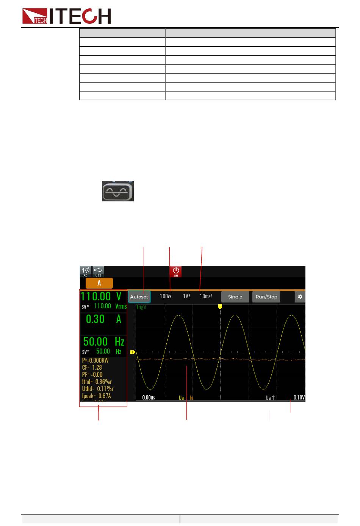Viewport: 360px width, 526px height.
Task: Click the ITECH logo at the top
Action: [x=67, y=16]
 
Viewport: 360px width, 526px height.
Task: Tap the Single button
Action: [x=235, y=297]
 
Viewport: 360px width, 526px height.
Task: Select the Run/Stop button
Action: [x=266, y=297]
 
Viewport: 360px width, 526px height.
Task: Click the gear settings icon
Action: [x=300, y=297]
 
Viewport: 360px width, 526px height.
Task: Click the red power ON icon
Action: [x=176, y=272]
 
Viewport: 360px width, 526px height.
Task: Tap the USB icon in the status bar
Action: [x=98, y=272]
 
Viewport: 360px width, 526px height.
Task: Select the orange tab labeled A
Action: [x=99, y=283]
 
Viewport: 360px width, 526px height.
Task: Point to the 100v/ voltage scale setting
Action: [x=166, y=296]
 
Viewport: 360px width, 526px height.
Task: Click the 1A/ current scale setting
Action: [x=186, y=296]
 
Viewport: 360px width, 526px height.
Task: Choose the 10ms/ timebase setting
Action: [x=206, y=296]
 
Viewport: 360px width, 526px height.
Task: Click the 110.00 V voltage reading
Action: [x=101, y=297]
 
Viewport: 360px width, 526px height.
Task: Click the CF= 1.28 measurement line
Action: [x=92, y=367]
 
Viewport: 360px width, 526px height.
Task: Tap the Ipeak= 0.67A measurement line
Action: [x=97, y=396]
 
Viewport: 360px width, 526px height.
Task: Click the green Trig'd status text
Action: [x=141, y=307]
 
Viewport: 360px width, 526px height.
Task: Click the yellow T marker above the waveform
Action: [x=220, y=306]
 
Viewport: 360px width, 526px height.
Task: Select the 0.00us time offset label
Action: [x=149, y=397]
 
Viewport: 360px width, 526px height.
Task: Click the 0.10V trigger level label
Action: [x=299, y=397]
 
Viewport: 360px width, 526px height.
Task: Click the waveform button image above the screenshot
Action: [x=118, y=191]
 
